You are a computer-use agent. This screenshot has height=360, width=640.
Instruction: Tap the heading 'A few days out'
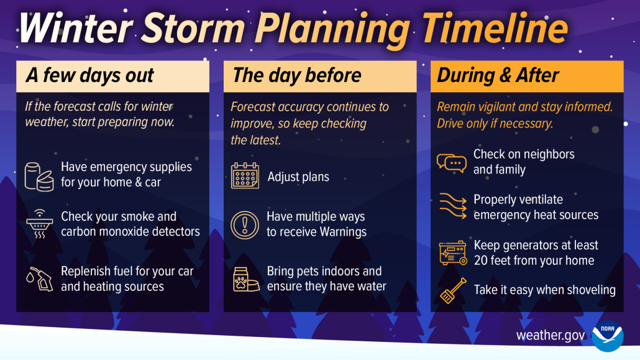coord(89,76)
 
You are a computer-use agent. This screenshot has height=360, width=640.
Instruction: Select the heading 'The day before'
coord(296,76)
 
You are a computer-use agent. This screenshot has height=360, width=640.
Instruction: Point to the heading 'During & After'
coord(498,76)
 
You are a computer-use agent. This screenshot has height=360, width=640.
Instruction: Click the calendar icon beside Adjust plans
coord(245,176)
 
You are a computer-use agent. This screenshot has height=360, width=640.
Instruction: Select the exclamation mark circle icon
coord(245,224)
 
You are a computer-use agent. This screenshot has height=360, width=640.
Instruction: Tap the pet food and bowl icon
coord(245,279)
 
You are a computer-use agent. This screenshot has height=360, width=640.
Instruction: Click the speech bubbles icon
coord(451,162)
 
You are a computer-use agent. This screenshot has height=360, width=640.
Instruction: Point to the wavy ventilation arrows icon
coord(451,207)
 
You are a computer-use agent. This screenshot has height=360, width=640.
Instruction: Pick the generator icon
coord(452,253)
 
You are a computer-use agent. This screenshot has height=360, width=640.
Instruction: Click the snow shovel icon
coord(452,291)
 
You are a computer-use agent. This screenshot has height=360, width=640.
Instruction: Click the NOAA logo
coord(607,336)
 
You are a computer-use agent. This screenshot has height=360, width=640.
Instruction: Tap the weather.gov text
coord(550,336)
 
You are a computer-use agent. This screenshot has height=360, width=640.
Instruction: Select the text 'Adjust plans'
coord(298,177)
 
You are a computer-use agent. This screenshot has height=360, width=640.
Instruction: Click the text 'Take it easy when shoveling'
coord(544,290)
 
